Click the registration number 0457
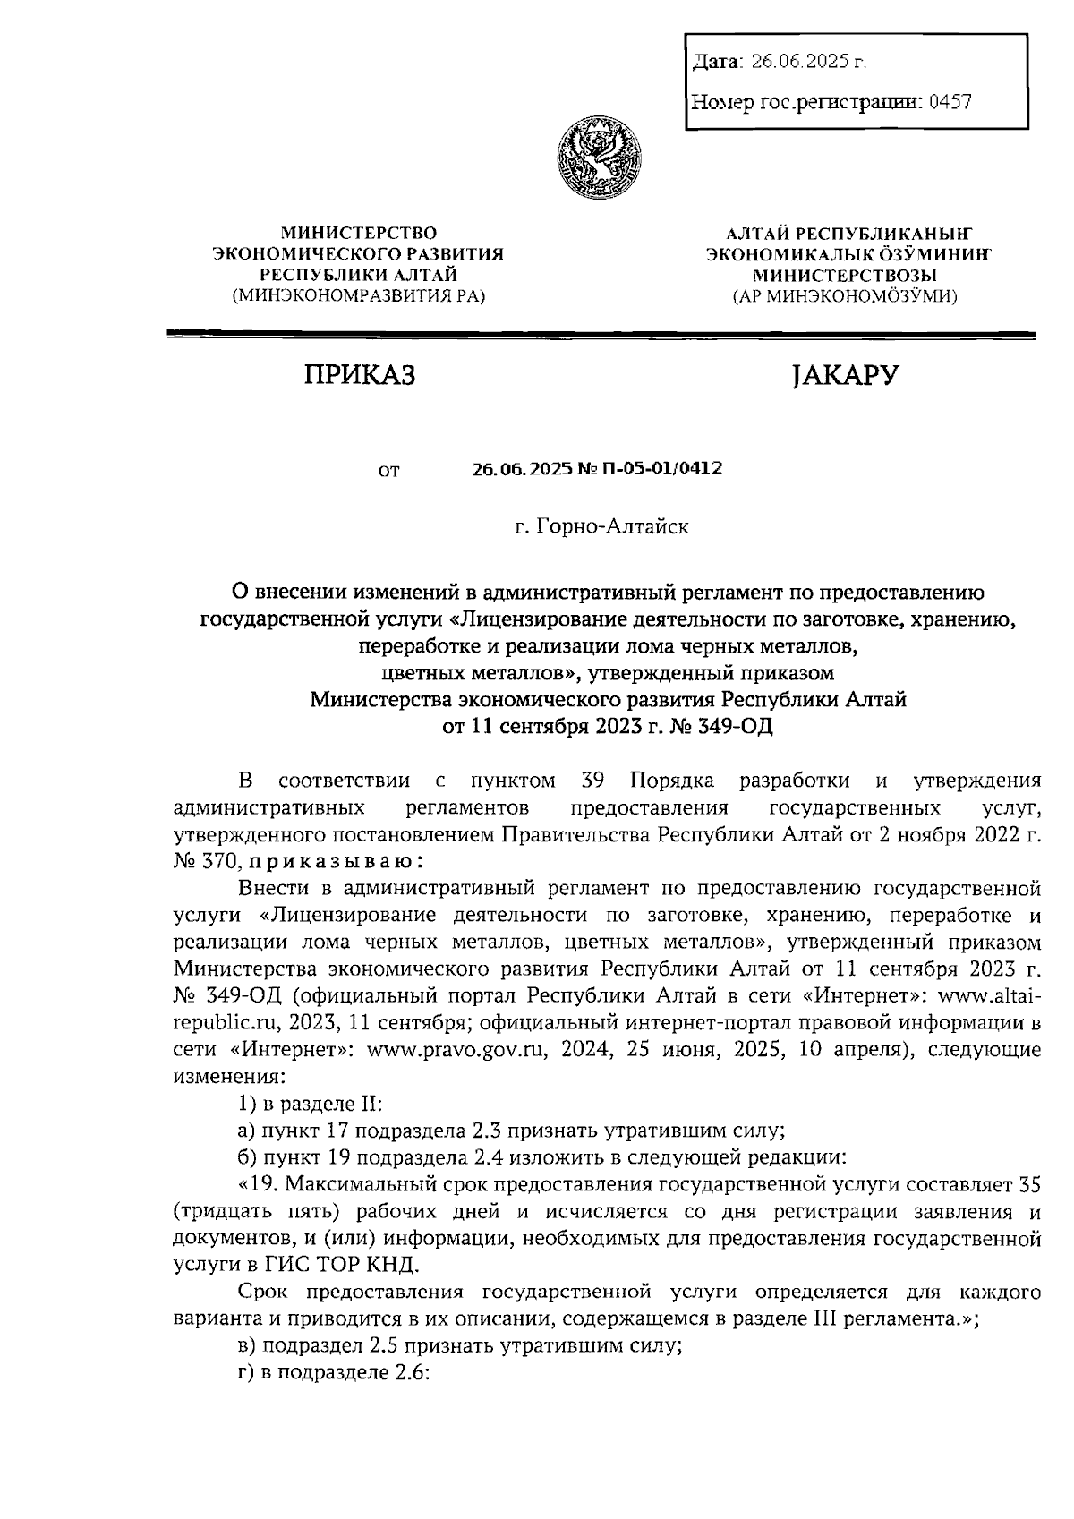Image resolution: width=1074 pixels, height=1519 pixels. (950, 102)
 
